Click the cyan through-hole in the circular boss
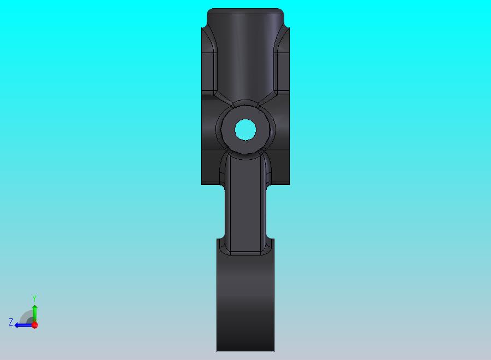(x=245, y=130)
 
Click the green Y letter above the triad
(x=34, y=299)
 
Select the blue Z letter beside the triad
(x=10, y=322)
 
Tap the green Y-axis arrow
(x=34, y=312)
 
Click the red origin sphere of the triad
(x=35, y=325)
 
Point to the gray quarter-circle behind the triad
(x=27, y=317)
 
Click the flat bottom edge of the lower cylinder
(x=245, y=351)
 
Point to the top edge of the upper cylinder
(x=245, y=9)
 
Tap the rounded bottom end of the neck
(x=245, y=253)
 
